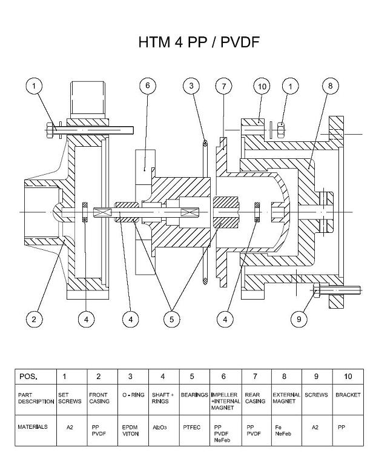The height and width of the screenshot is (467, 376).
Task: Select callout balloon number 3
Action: coord(192,86)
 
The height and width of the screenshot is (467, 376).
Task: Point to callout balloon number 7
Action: coord(223,86)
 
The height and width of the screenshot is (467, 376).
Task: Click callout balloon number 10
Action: coord(262,86)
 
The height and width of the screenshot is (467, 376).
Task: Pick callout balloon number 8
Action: coord(330,86)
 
